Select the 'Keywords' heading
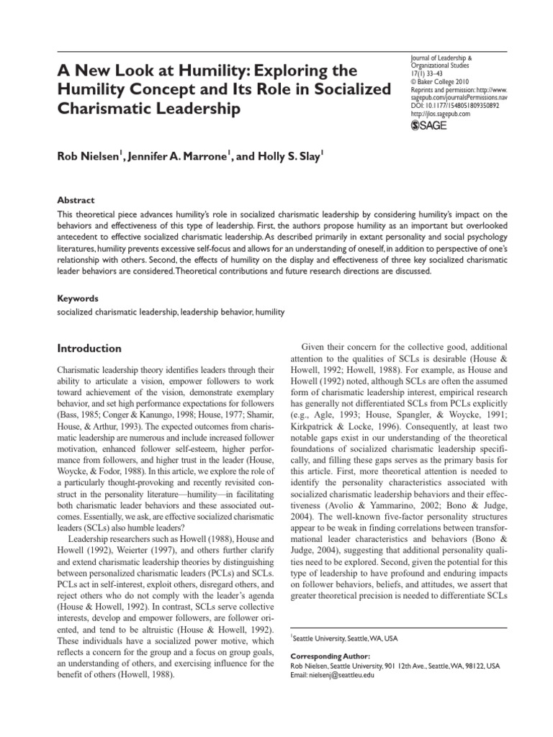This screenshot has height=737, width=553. (78, 297)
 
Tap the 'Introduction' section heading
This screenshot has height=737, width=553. (89, 349)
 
